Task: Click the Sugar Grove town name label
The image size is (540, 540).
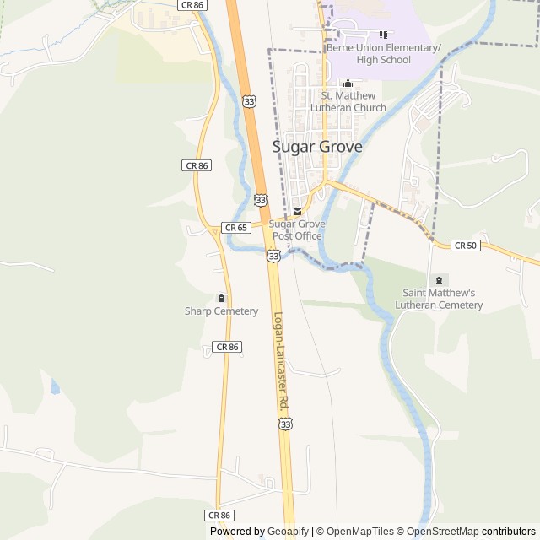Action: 317,147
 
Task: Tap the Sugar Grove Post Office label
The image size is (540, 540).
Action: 296,229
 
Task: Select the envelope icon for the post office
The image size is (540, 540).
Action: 296,211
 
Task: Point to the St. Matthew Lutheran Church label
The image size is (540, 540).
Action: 348,101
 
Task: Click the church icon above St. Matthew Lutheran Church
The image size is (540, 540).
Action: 348,83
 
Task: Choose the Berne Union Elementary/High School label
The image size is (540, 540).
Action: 383,54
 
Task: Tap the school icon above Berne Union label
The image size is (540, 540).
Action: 383,35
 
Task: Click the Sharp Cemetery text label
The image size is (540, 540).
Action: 221,311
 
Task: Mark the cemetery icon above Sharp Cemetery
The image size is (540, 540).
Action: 221,298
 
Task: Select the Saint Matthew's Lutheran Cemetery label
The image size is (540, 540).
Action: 442,299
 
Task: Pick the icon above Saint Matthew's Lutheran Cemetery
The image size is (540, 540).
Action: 438,279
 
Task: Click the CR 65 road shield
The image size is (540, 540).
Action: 235,228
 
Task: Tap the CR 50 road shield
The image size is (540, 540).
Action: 465,246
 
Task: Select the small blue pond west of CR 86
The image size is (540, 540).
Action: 55,387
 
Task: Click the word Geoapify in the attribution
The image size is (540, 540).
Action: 289,532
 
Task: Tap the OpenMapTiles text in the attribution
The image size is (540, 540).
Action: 360,532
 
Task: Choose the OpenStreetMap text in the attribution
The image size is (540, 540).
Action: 443,532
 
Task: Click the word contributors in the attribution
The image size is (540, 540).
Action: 509,532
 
